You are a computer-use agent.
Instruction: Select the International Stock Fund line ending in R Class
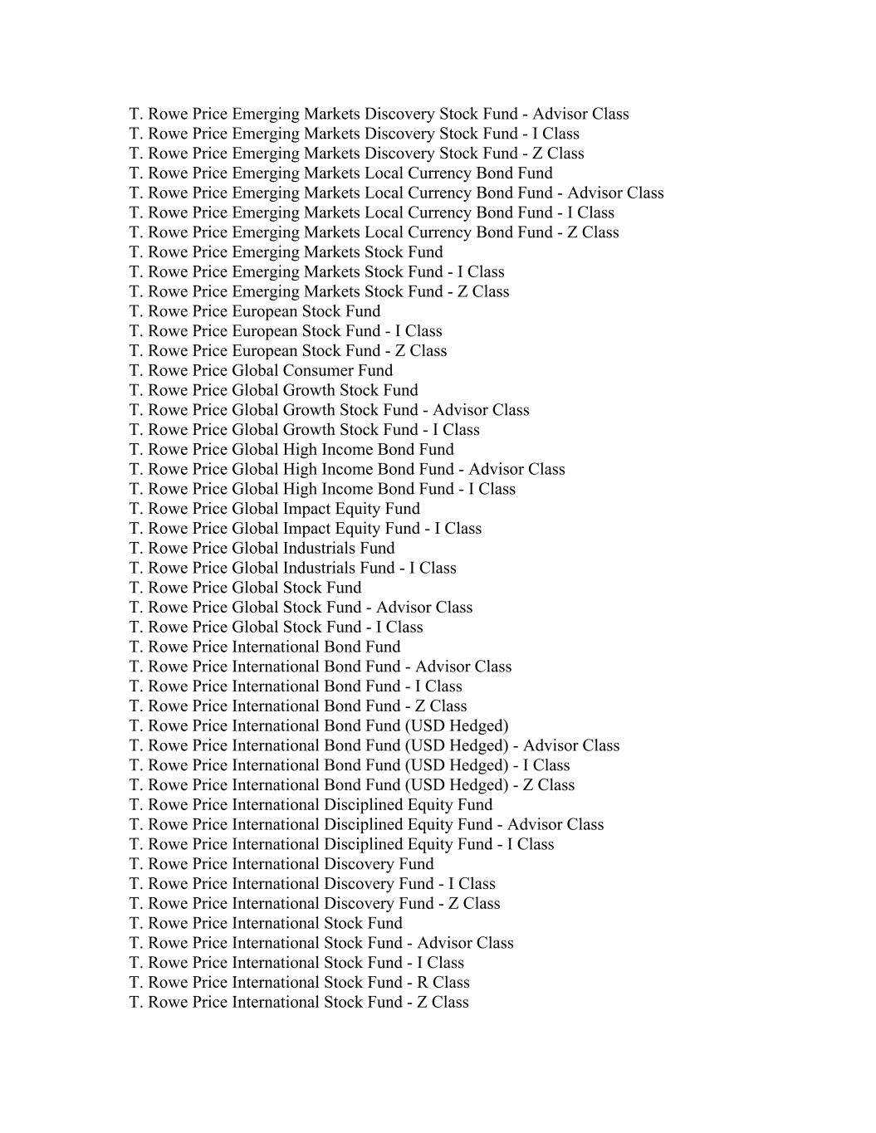click(x=299, y=982)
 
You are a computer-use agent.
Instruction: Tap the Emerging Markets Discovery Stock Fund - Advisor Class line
click(x=379, y=114)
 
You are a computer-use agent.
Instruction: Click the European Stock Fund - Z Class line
click(x=287, y=350)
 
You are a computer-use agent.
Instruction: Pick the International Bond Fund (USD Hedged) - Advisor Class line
click(x=374, y=745)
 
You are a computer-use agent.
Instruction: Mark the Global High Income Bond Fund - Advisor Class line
click(x=347, y=469)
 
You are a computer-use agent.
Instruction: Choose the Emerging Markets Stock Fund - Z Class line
click(x=319, y=291)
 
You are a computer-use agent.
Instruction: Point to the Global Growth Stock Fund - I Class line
click(x=304, y=429)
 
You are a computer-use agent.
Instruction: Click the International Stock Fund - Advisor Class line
click(x=321, y=943)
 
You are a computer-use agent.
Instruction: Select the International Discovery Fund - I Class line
click(x=312, y=883)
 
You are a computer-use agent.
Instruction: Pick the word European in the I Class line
click(x=264, y=331)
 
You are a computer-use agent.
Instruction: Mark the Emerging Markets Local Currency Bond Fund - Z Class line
click(x=374, y=232)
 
